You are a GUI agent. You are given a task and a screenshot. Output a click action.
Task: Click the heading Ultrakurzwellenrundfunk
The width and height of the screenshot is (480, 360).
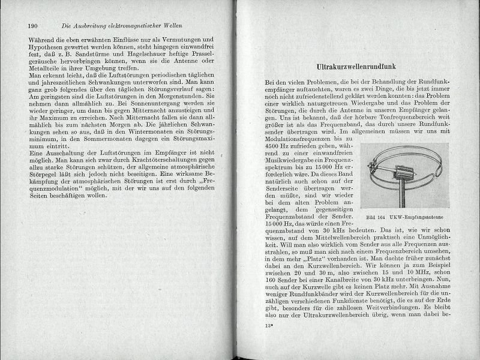(x=366, y=68)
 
